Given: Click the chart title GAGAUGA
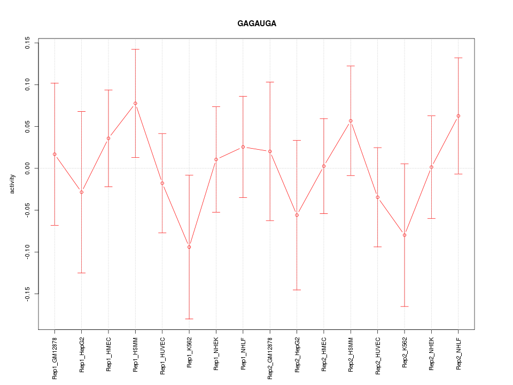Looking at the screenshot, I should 256,24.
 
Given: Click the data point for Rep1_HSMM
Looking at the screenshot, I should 135,103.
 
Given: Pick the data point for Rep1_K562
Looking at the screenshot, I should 189,247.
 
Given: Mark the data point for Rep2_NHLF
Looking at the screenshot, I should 458,116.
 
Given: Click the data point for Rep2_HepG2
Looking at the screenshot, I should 297,215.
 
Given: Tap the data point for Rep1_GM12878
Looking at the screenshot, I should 55,155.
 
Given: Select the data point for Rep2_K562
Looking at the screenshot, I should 405,235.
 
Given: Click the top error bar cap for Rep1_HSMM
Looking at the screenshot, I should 135,49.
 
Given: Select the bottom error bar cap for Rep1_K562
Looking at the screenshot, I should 189,319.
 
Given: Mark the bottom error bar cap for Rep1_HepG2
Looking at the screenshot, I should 81,273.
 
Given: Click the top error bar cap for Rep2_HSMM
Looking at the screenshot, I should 351,66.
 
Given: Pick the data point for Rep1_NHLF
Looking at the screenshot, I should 243,147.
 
